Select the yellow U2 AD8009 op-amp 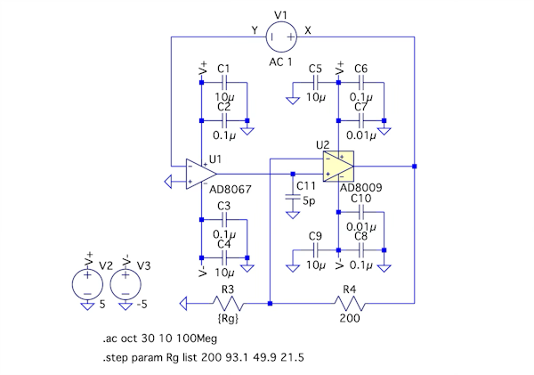pyautogui.click(x=338, y=167)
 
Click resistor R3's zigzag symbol pyautogui.click(x=228, y=303)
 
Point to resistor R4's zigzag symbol pyautogui.click(x=350, y=303)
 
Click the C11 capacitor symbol pyautogui.click(x=293, y=198)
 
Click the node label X pyautogui.click(x=308, y=30)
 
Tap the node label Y pyautogui.click(x=255, y=30)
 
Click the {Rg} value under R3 pyautogui.click(x=228, y=318)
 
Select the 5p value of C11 pyautogui.click(x=309, y=201)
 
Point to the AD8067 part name pyautogui.click(x=231, y=189)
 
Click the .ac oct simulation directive pyautogui.click(x=159, y=338)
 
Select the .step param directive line pyautogui.click(x=203, y=357)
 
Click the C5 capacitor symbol pyautogui.click(x=315, y=83)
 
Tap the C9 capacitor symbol pyautogui.click(x=315, y=250)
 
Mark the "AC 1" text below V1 pyautogui.click(x=280, y=62)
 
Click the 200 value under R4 pyautogui.click(x=350, y=318)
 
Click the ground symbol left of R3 pyautogui.click(x=183, y=304)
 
